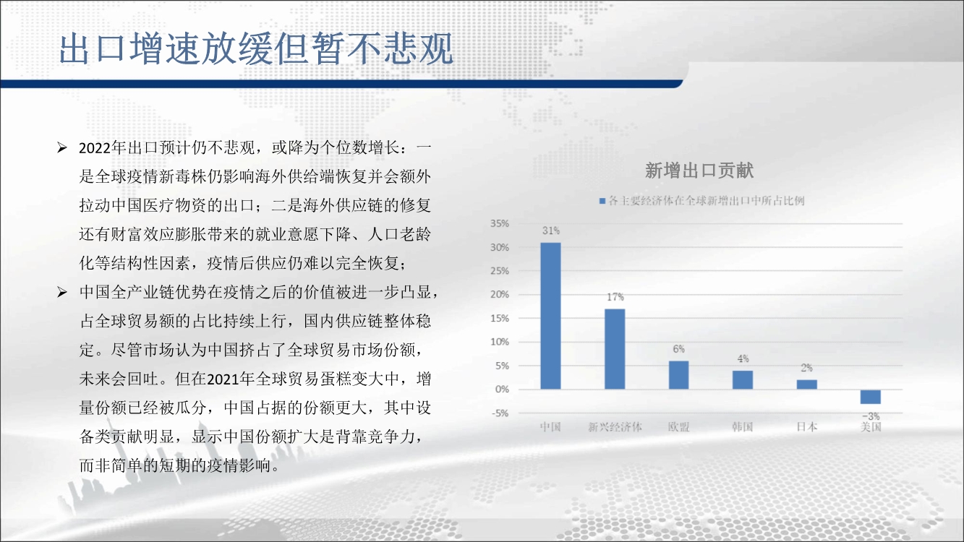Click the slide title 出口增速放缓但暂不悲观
[256, 48]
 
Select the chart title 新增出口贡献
[699, 171]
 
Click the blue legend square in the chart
[602, 201]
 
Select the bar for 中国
[551, 316]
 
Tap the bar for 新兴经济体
[615, 349]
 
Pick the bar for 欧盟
[678, 375]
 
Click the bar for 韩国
[743, 380]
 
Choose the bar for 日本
[807, 384]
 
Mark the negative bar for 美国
[871, 397]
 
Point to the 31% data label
[551, 231]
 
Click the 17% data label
[615, 297]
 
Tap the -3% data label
[871, 416]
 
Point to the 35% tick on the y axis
[500, 224]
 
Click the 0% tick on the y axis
[502, 390]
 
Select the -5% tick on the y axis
[500, 413]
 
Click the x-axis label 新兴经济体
[615, 427]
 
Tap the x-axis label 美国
[871, 427]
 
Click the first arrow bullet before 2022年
[62, 148]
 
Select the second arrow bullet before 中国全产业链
[62, 293]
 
